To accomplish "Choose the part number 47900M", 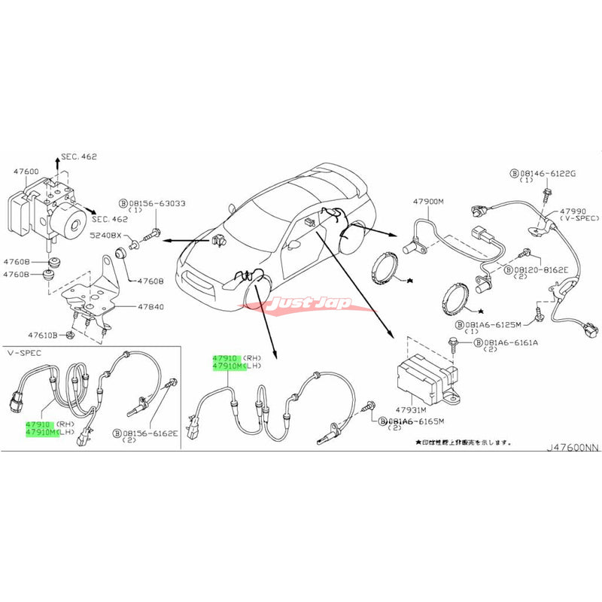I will (430, 201).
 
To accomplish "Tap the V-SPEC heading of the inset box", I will (22, 352).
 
